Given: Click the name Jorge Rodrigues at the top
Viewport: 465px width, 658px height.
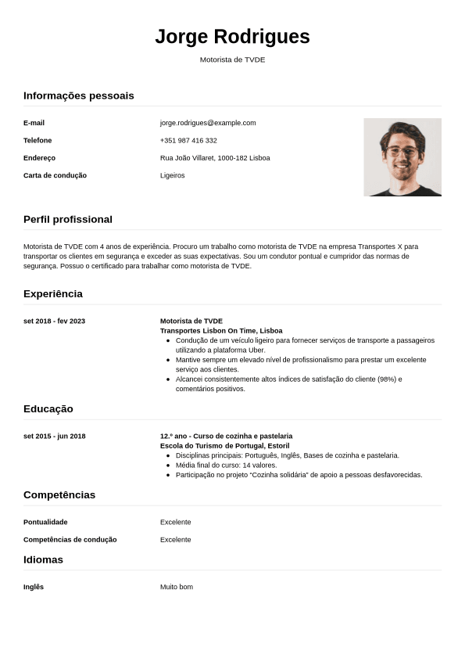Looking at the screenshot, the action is (x=232, y=37).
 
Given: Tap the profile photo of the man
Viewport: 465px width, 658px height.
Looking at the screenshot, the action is (x=402, y=156).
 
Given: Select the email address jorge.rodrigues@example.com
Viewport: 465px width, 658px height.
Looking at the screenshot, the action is (x=208, y=123).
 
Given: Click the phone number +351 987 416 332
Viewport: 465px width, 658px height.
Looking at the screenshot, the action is (x=188, y=141).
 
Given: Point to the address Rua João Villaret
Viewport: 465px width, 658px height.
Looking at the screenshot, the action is (x=215, y=158).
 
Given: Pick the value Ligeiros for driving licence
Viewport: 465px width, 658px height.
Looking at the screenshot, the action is (x=173, y=175).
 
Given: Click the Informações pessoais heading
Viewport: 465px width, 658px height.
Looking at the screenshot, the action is (x=79, y=95).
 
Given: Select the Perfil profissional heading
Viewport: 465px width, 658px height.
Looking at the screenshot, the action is (x=68, y=219).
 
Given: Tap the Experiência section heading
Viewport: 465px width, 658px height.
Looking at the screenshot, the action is (x=53, y=293).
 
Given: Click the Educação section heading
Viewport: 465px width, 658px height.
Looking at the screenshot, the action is (x=48, y=408).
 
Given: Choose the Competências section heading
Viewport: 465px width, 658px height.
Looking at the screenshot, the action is (x=59, y=494).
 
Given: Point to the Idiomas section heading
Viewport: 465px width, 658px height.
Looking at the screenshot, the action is (x=43, y=559).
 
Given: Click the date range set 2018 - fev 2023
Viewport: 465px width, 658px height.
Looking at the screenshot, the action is (x=54, y=321).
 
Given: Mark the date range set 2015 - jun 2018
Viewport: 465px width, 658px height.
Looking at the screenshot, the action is (x=55, y=436).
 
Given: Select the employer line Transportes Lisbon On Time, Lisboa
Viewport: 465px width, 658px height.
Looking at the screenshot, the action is (x=221, y=331).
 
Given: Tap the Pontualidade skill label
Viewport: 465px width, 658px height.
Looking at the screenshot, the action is (x=45, y=522).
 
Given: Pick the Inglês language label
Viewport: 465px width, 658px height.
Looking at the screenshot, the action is (x=34, y=587).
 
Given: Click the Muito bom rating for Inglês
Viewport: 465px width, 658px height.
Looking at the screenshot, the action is (x=177, y=587).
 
